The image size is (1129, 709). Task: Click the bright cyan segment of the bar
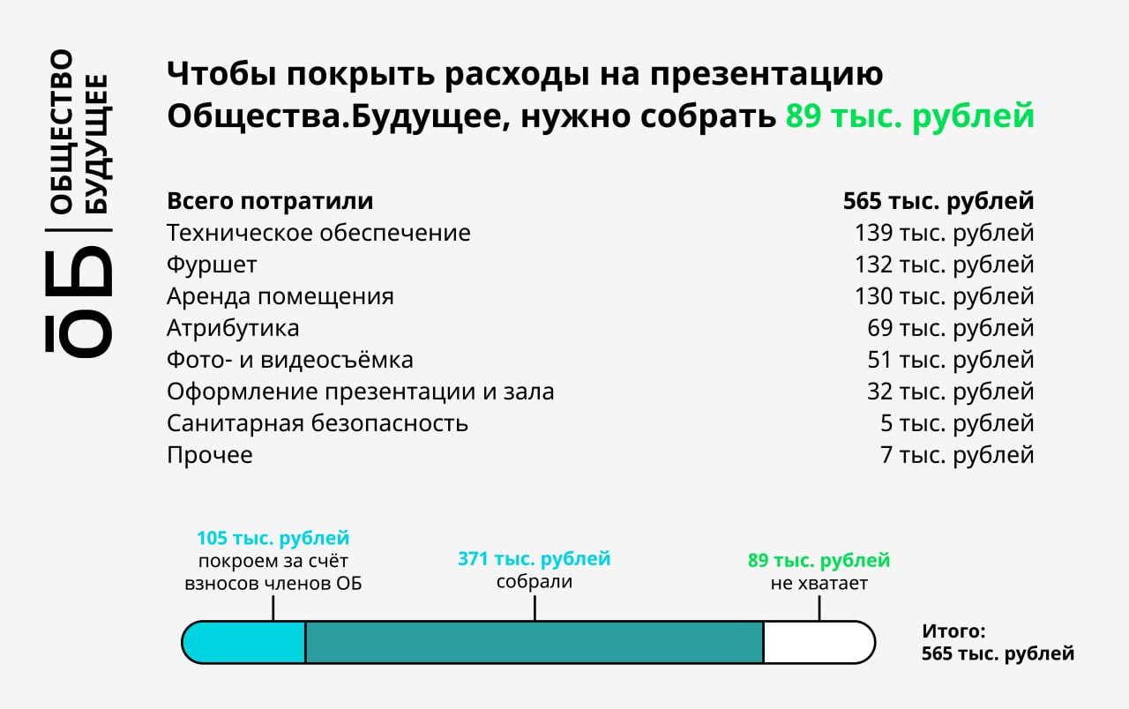point(244,643)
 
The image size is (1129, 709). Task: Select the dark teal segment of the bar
point(535,643)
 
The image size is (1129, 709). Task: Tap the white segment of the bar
point(819,643)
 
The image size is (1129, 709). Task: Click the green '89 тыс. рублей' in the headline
point(909,116)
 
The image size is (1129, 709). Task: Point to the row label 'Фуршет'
point(212,265)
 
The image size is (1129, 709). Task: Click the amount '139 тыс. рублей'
point(944,233)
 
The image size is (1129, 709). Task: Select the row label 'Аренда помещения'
point(280,296)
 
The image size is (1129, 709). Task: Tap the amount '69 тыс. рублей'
point(951,328)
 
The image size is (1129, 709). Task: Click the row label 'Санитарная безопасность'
point(318,423)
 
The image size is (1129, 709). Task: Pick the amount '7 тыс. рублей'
point(957,455)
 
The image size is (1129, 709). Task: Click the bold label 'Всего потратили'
point(270,201)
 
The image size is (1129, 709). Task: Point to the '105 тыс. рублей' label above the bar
point(273,538)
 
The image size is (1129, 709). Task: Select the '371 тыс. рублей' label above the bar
point(535,559)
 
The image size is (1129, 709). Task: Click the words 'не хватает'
point(819,583)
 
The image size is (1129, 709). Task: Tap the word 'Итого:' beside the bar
point(953,631)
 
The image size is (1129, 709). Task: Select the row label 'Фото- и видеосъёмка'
point(290,360)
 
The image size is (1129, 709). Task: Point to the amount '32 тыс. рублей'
point(951,392)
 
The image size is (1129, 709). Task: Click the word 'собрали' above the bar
point(535,581)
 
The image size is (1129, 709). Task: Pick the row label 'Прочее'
point(210,455)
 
